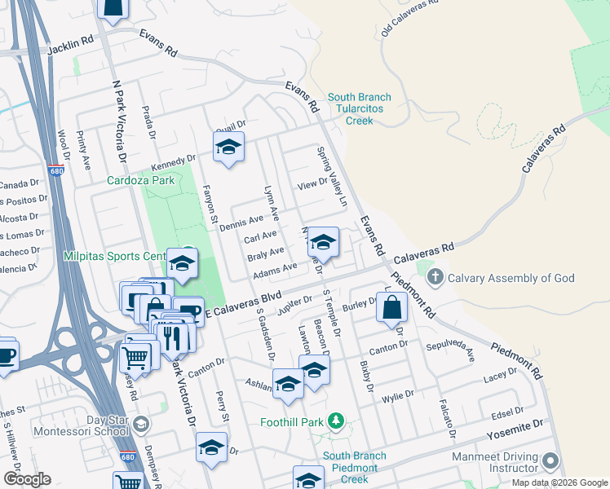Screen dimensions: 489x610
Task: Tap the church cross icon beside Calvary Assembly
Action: [435, 277]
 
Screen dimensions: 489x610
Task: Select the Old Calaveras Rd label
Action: [409, 18]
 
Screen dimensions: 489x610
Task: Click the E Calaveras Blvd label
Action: [242, 303]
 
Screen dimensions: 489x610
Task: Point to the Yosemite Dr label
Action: [515, 428]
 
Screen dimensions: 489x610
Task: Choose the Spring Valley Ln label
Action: [333, 176]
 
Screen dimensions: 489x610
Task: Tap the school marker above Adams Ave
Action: [323, 242]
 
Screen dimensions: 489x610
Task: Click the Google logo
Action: [27, 479]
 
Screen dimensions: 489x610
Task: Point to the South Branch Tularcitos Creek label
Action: [359, 109]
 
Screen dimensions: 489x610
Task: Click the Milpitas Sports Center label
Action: [114, 256]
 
